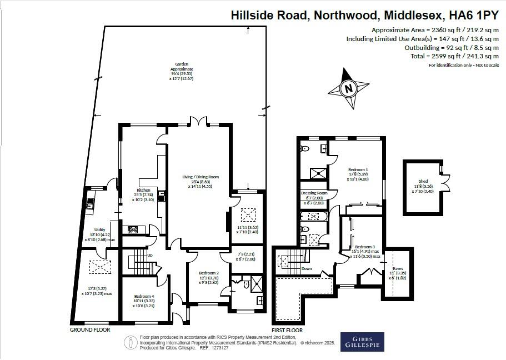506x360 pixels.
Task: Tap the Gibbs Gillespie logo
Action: (x=362, y=341)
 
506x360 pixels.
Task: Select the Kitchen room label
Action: (x=144, y=190)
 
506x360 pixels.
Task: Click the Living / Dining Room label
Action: (x=201, y=177)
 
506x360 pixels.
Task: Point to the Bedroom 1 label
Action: (x=358, y=169)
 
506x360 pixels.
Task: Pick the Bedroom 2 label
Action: (x=209, y=273)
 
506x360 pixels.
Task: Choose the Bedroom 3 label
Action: (x=365, y=247)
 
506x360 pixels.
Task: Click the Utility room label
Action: (x=100, y=229)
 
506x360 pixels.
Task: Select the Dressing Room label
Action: (x=314, y=193)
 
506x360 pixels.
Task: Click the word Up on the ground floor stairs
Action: (x=149, y=256)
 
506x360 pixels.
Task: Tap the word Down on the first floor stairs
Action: (x=306, y=268)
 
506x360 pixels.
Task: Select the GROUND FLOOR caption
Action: (x=90, y=329)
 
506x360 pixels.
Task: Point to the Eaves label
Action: (x=398, y=267)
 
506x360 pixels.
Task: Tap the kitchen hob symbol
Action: (x=133, y=229)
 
